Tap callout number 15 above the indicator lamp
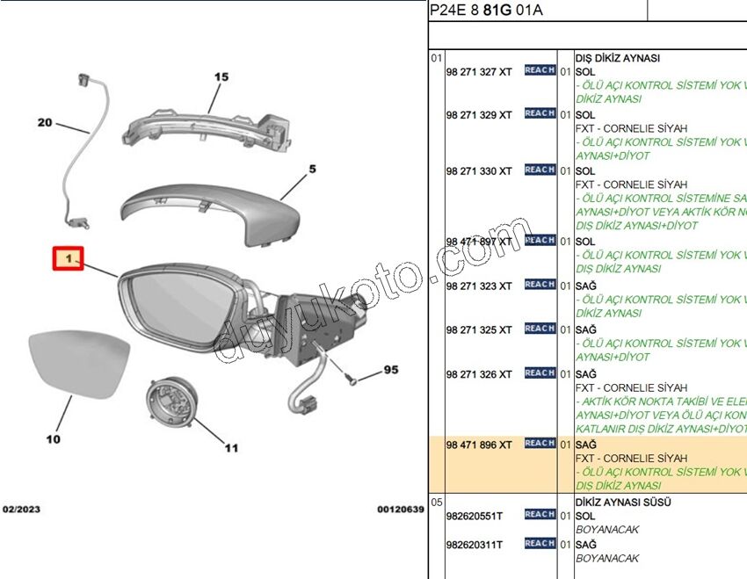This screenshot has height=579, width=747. click(x=221, y=77)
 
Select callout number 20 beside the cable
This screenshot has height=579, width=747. click(x=45, y=123)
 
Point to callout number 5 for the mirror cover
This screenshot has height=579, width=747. click(x=312, y=169)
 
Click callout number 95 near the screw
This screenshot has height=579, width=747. click(x=390, y=370)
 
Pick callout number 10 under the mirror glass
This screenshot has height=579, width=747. click(x=54, y=438)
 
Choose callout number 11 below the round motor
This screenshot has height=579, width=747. click(x=230, y=448)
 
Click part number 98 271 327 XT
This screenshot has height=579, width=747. click(x=478, y=72)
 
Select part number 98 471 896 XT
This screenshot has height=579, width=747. click(x=478, y=445)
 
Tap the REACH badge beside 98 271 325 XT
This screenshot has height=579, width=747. click(x=540, y=329)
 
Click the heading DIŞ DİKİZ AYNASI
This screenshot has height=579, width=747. click(x=616, y=59)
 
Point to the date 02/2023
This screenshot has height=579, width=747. click(x=21, y=510)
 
